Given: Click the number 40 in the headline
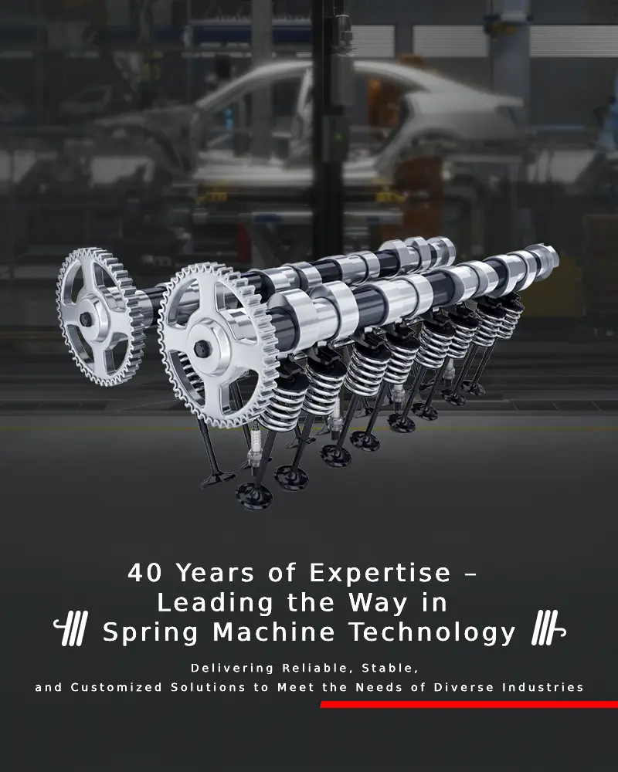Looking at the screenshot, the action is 144,573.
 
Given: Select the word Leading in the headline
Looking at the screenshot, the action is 215,604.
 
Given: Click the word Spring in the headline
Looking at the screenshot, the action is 151,634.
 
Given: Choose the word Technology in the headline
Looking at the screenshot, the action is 432,634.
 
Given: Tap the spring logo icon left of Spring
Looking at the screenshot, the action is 71,628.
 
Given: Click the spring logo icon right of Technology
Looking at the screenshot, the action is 548,628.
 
